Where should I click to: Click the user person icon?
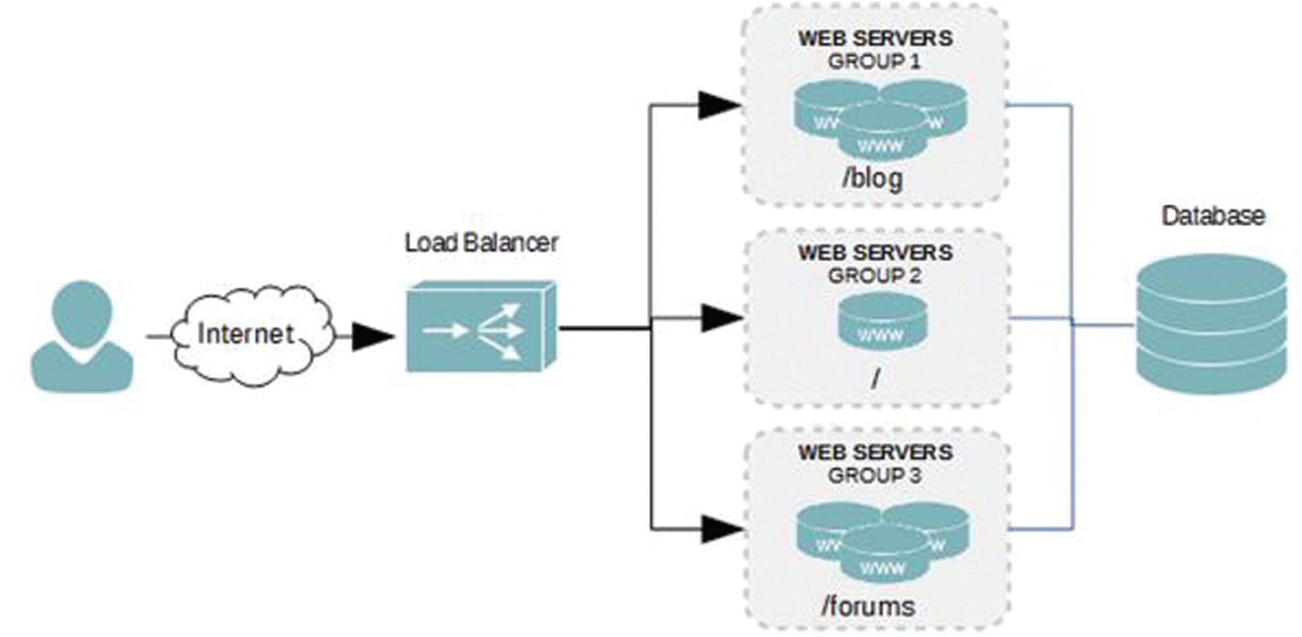coord(81,335)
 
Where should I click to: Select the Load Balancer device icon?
coord(480,327)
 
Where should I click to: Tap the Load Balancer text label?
coord(480,243)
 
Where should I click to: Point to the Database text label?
coord(1213,216)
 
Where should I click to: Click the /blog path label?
coord(871,180)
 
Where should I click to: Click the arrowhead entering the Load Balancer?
coord(372,336)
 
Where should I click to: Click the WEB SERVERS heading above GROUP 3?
coord(874,454)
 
